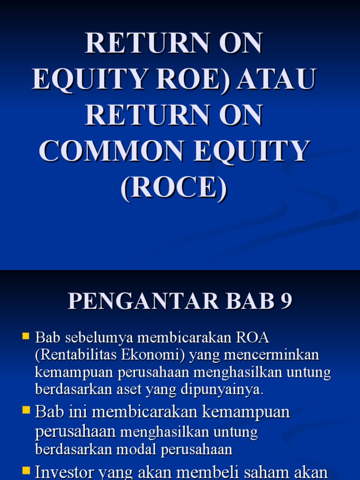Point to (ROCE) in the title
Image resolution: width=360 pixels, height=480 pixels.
[174, 187]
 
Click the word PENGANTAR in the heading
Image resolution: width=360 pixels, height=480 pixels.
[143, 301]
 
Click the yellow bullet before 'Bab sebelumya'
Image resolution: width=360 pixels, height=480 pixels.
[26, 336]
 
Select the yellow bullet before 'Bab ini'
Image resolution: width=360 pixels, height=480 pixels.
[26, 411]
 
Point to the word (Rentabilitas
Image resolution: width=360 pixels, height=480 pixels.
[75, 355]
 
